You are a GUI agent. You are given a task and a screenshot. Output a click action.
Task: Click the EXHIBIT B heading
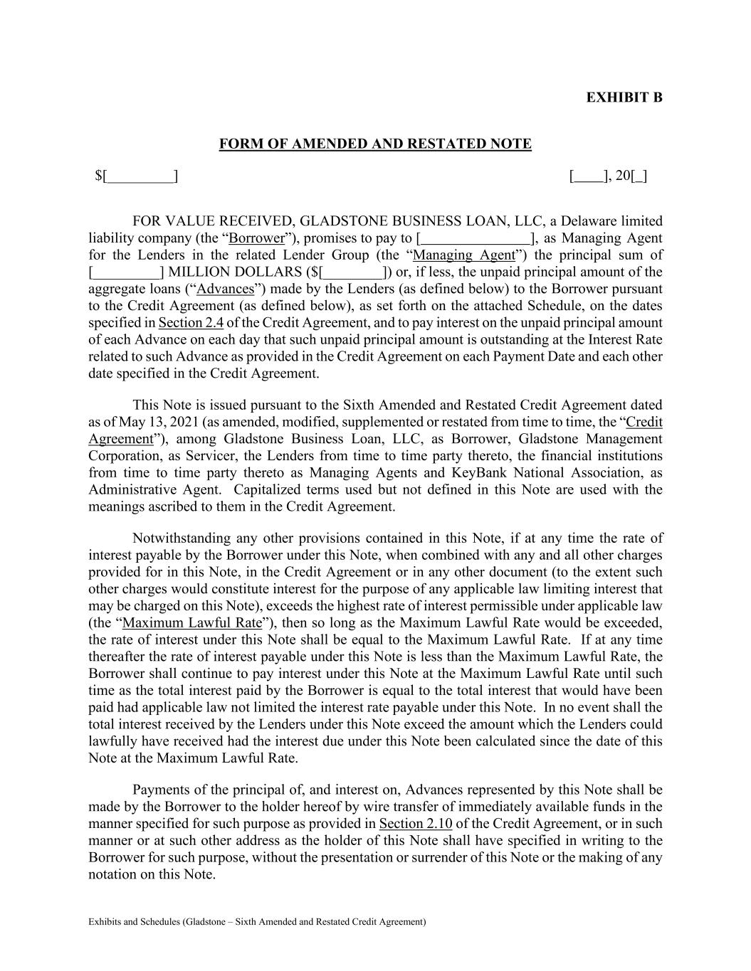tap(624, 97)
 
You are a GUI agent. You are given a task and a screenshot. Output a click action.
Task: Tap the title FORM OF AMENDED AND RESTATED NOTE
tap(375, 144)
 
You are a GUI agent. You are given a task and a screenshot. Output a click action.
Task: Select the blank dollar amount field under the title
tap(137, 176)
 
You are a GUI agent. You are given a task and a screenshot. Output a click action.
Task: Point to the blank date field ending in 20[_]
tap(609, 176)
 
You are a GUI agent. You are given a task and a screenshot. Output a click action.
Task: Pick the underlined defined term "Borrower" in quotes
tap(257, 238)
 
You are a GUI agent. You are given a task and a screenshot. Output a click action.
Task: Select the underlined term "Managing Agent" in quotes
tap(464, 255)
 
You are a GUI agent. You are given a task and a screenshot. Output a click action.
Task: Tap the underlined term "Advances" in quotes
tap(226, 290)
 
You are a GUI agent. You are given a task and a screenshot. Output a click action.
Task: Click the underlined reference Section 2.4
tap(191, 323)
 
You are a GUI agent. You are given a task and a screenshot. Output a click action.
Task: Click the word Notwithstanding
tap(180, 538)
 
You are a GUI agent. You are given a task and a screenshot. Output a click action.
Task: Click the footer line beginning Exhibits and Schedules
tap(257, 922)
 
